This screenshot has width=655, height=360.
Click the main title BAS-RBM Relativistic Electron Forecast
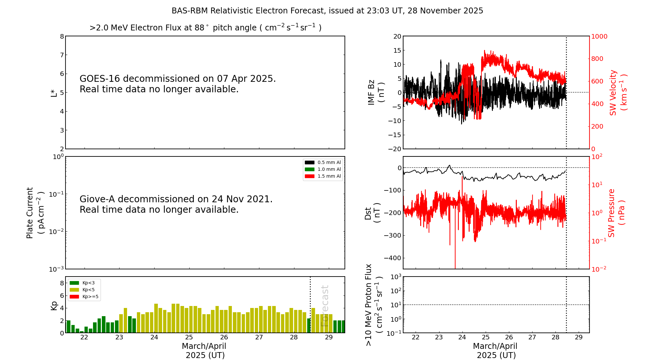pyautogui.click(x=327, y=11)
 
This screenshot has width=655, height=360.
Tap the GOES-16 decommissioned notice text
pyautogui.click(x=178, y=84)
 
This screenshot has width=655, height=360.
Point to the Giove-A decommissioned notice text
pyautogui.click(x=176, y=204)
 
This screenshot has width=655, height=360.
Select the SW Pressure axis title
pyautogui.click(x=616, y=213)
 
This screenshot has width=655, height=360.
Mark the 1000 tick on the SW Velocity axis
pyautogui.click(x=599, y=36)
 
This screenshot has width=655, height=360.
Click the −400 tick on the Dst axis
pyautogui.click(x=394, y=258)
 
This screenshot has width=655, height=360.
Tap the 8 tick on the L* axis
pyautogui.click(x=62, y=36)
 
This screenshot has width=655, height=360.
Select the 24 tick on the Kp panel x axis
pyautogui.click(x=154, y=337)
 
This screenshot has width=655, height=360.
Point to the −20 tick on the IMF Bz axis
pyautogui.click(x=394, y=149)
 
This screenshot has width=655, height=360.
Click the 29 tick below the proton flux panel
pyautogui.click(x=579, y=337)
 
